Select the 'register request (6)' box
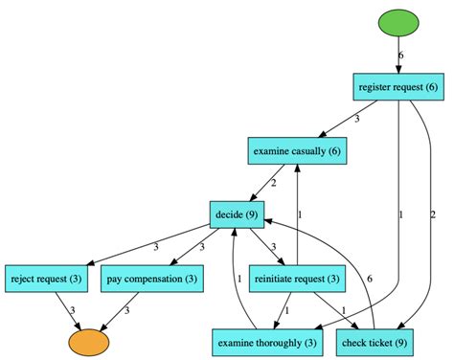398,87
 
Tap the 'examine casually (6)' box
298,150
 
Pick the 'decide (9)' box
236,214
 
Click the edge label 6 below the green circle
401,55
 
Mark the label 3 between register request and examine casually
356,119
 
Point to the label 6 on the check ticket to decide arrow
370,278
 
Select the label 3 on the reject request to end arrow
72,309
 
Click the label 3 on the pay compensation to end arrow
127,309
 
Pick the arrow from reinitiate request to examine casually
298,214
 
